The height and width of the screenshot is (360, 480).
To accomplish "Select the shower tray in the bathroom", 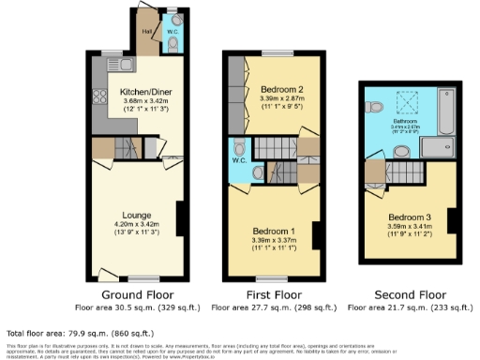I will (437, 145).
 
